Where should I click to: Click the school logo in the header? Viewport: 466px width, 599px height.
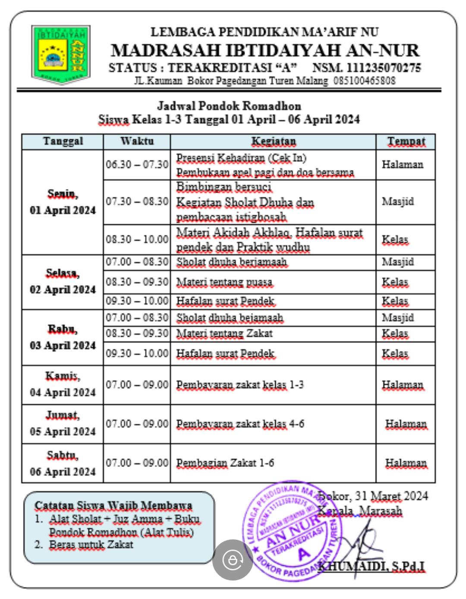(61, 54)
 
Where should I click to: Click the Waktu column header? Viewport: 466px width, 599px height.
(137, 141)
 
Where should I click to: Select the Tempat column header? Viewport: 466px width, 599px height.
(406, 141)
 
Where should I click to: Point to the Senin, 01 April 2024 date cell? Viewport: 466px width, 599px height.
(63, 202)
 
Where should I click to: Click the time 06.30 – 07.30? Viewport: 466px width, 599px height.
(137, 164)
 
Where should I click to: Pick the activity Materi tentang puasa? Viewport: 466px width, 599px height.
(224, 282)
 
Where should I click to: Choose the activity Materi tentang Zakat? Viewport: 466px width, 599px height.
(224, 333)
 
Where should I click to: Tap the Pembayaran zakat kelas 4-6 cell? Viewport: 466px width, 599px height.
(240, 424)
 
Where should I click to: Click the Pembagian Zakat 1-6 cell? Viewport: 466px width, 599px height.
(225, 463)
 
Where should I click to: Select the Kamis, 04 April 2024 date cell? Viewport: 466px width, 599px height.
(63, 384)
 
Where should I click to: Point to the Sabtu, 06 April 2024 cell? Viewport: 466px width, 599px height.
(63, 463)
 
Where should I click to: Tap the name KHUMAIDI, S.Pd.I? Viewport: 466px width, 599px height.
(372, 567)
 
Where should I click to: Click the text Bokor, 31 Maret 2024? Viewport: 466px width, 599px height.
(374, 495)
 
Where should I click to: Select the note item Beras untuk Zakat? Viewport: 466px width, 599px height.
(91, 544)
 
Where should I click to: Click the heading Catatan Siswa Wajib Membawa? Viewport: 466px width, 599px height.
(113, 505)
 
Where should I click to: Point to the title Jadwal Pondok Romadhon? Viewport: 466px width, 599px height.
(229, 106)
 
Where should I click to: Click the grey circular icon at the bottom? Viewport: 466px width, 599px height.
(233, 560)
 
